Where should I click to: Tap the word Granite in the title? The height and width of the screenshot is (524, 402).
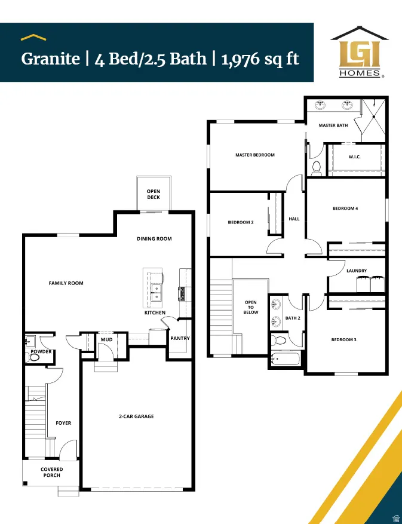point(50,59)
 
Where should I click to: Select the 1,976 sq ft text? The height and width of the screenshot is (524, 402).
point(260,59)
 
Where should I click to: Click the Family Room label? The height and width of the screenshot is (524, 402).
point(66,283)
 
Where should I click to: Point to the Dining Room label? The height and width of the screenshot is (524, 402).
point(154,239)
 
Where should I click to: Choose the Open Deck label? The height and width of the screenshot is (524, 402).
point(154,194)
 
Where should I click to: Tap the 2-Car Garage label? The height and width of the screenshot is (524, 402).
point(136,416)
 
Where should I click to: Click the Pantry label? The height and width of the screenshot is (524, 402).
point(180,338)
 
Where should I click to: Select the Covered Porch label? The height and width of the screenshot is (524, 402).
point(52,472)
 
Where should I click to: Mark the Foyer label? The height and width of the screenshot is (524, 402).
point(63,423)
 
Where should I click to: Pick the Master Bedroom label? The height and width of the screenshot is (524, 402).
point(255,155)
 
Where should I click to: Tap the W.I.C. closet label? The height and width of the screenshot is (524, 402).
point(354,157)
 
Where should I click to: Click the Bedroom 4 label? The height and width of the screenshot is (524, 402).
point(345,209)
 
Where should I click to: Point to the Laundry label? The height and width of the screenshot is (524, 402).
point(357,271)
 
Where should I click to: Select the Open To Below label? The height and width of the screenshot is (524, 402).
point(251,307)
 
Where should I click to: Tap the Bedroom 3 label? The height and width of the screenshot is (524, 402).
point(344,340)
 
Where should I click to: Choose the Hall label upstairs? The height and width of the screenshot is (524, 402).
point(294,219)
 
